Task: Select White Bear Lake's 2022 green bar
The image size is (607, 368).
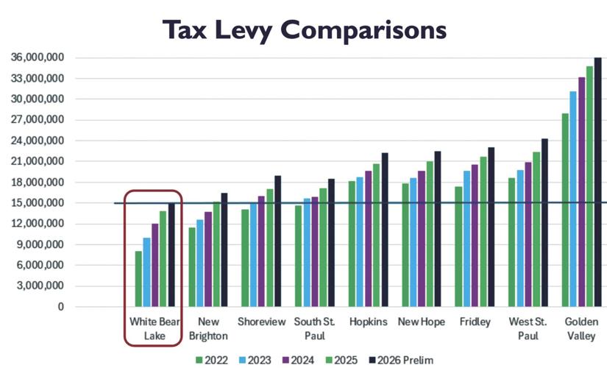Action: click(x=138, y=279)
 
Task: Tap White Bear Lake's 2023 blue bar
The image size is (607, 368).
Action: click(x=146, y=272)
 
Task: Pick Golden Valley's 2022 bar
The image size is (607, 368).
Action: click(x=564, y=210)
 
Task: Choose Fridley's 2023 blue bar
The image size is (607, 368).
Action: click(x=466, y=238)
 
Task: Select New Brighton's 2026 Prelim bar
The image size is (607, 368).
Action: click(x=224, y=250)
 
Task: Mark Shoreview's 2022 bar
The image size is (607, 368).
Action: click(x=245, y=258)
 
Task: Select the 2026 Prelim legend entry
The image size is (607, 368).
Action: click(x=406, y=359)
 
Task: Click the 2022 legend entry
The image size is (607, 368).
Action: click(x=212, y=359)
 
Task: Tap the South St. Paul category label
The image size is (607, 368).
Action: click(x=314, y=328)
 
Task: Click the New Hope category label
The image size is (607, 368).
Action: click(x=421, y=322)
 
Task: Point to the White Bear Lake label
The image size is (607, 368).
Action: click(x=152, y=328)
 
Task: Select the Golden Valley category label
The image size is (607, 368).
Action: click(x=581, y=328)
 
